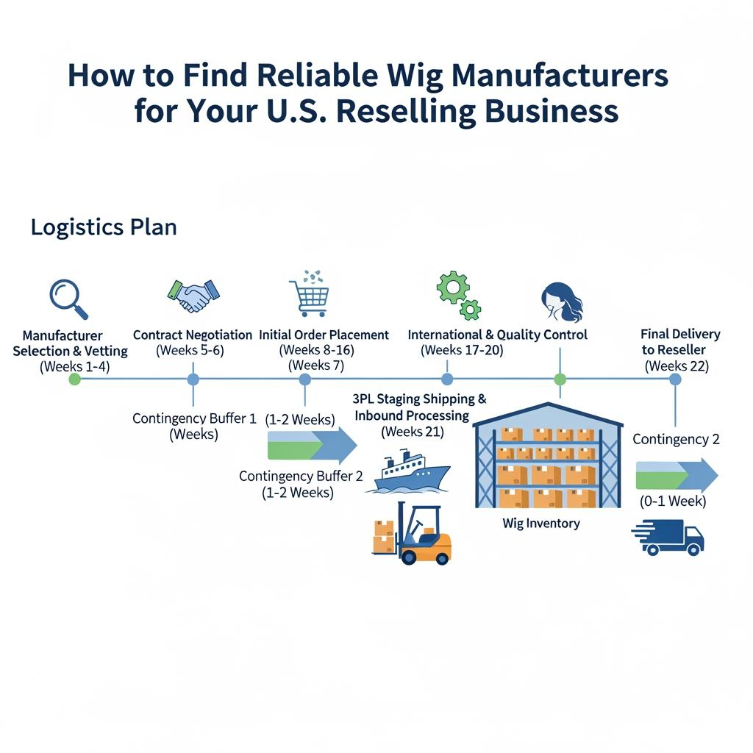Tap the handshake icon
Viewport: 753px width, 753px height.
193,295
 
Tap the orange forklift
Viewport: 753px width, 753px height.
413,535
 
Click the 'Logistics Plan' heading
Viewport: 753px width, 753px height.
104,227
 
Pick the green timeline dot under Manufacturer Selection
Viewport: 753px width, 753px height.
74,379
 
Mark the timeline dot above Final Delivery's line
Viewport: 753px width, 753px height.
675,379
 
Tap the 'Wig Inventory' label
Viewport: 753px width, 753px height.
541,524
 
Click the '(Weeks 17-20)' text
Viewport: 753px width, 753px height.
462,350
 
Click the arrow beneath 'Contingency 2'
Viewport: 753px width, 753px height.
676,474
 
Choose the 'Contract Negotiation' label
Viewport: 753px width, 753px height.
193,335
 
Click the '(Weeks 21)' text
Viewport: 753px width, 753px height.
413,432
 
